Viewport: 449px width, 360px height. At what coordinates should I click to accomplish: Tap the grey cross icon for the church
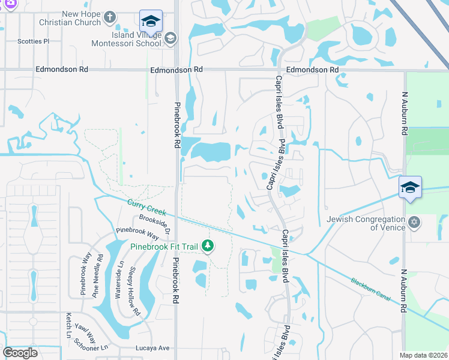coord(109,17)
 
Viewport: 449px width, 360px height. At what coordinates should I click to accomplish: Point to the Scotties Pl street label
coord(33,41)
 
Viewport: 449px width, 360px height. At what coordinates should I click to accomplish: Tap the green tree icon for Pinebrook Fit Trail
coord(208,246)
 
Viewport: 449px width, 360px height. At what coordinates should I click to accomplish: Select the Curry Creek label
coord(142,207)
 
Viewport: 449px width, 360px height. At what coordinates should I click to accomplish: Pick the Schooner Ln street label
coord(91,344)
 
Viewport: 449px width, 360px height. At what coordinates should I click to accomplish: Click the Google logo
coord(20,353)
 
